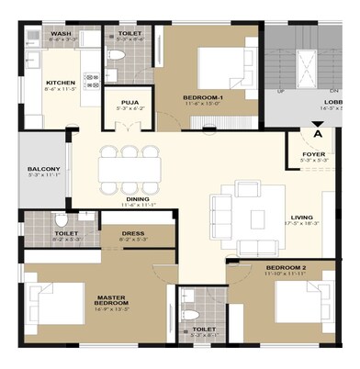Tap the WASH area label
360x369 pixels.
coord(62,33)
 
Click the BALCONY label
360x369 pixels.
coord(42,170)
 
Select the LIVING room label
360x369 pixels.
coord(303,217)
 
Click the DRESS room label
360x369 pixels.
coord(133,233)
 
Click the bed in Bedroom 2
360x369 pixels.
coord(300,303)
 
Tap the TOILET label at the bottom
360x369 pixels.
coord(204,329)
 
